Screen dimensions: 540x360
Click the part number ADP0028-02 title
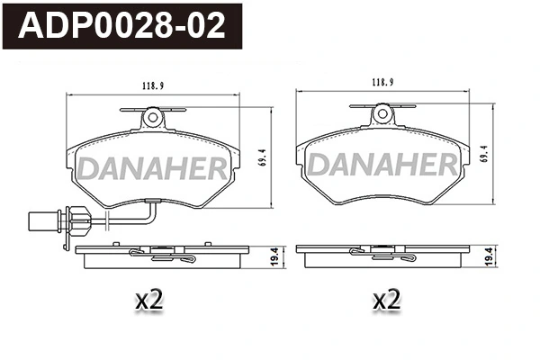tap(121, 26)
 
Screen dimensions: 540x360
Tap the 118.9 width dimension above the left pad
tap(153, 86)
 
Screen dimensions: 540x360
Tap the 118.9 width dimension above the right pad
tap(382, 82)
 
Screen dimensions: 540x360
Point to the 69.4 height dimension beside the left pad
tap(263, 158)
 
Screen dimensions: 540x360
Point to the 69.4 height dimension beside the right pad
tap(484, 154)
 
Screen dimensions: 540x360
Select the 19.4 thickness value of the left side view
tap(274, 257)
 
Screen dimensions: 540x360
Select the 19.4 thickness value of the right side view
tap(489, 257)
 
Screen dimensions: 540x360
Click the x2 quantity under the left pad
tap(149, 300)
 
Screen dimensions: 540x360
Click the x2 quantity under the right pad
tap(387, 300)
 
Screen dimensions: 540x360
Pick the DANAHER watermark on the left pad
tap(153, 168)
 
